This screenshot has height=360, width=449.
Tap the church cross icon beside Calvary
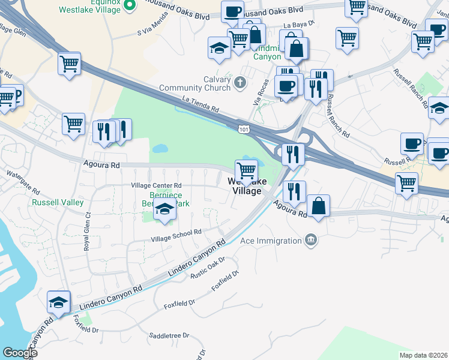[240, 82]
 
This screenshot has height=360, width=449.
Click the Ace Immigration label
[271, 241]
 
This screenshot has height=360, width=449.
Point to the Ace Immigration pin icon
[311, 240]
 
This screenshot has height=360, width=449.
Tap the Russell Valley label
[58, 202]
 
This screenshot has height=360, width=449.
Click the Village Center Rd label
[156, 185]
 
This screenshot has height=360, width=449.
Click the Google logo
[20, 353]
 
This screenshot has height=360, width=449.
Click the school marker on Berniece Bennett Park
[165, 210]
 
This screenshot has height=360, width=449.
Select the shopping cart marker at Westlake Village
[246, 171]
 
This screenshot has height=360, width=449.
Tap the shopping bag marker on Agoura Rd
[318, 206]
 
